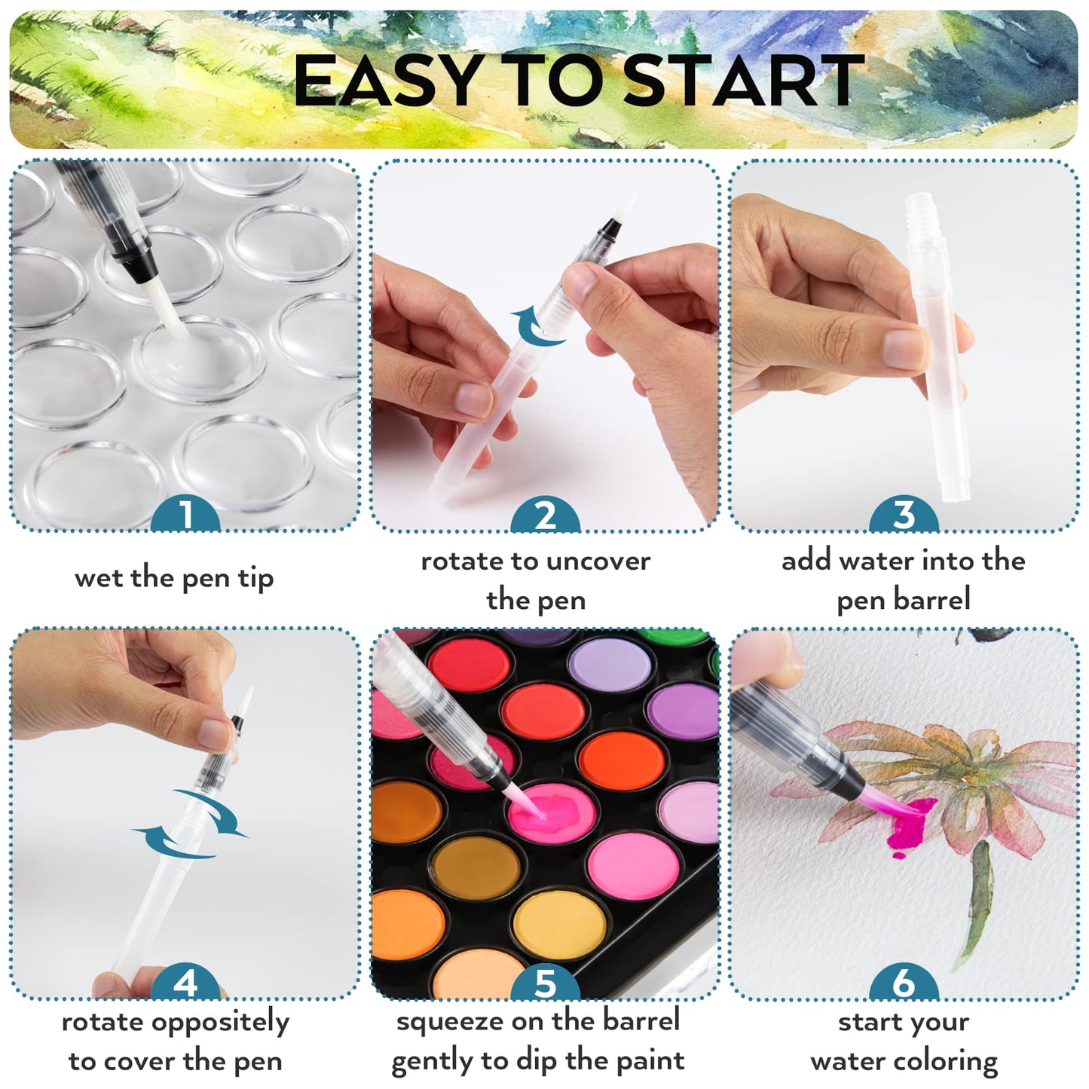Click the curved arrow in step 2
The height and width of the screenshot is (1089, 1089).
click(534, 333)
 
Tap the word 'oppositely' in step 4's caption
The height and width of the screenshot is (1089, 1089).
click(220, 1023)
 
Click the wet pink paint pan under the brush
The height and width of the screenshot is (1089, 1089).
click(552, 812)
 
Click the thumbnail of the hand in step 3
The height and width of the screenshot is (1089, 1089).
click(904, 349)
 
